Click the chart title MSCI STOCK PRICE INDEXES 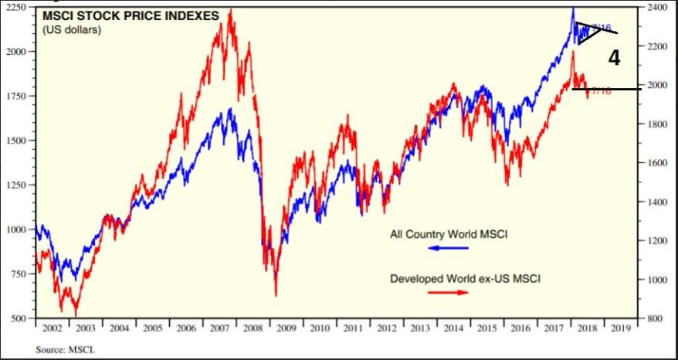[x=131, y=15]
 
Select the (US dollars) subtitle [x=72, y=29]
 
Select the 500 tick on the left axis [x=22, y=318]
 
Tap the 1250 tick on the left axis [x=19, y=185]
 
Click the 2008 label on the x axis [x=253, y=328]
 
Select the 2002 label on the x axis [x=53, y=328]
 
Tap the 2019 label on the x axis [x=620, y=328]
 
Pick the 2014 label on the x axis [x=453, y=328]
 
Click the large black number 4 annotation [x=614, y=58]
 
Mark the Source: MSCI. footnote [x=65, y=349]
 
